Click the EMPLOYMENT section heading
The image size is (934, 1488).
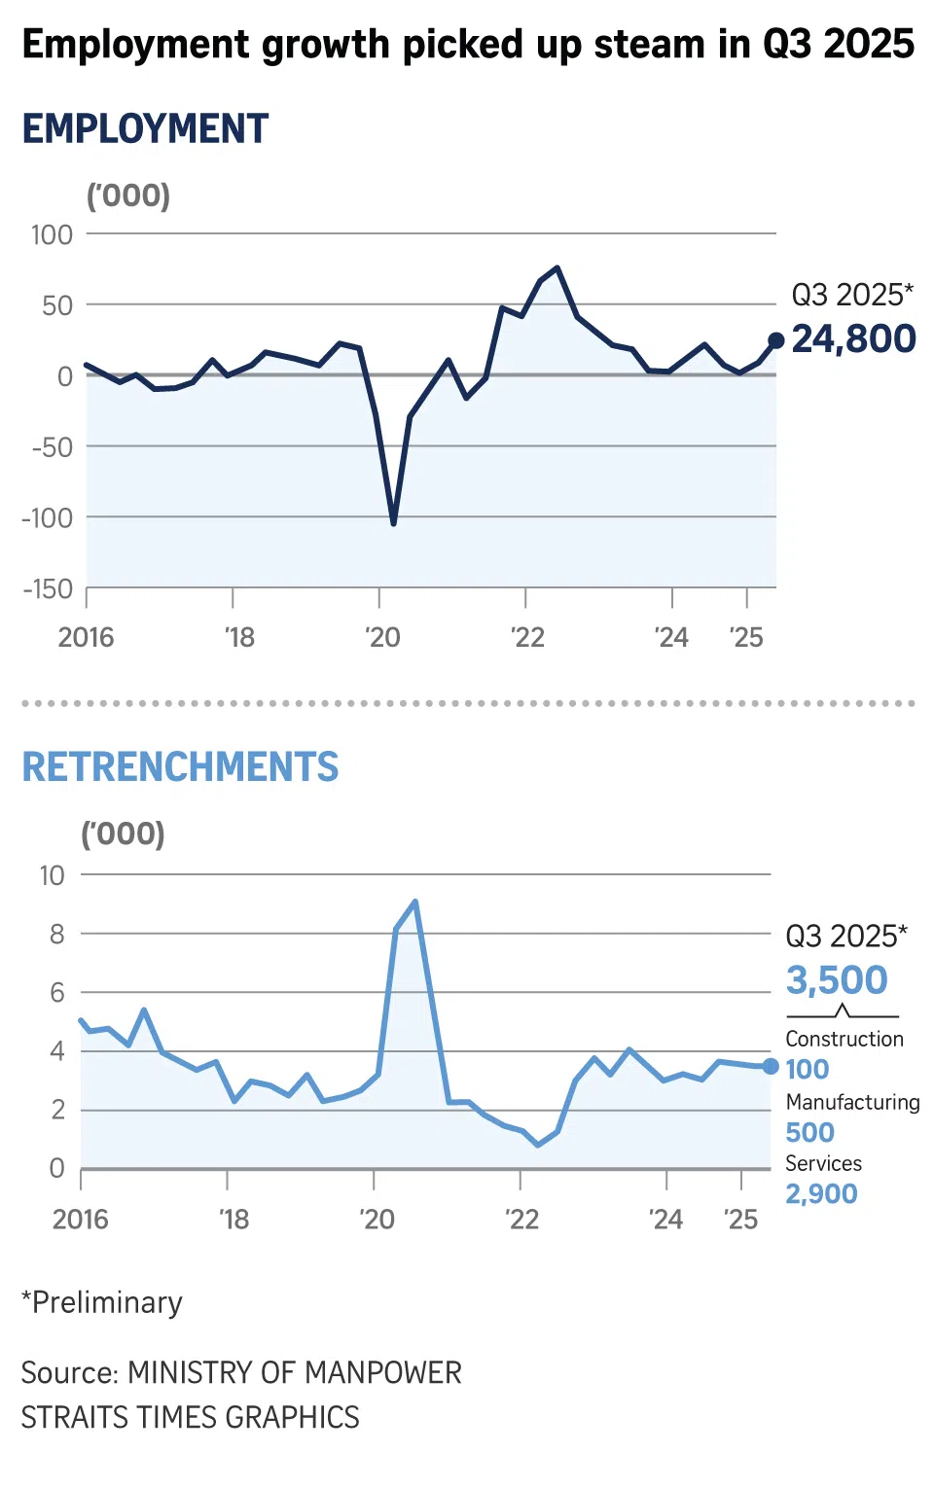145,129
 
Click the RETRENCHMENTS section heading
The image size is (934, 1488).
180,767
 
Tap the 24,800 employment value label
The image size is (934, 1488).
853,338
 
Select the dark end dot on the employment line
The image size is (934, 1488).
776,340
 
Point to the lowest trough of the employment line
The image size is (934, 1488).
393,523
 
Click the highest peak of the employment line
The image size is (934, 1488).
557,267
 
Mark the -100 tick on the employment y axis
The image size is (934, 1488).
48,518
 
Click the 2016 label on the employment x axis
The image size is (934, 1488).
86,638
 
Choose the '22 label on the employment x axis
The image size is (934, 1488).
527,638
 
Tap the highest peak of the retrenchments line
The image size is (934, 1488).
415,902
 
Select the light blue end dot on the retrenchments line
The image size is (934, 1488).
771,1067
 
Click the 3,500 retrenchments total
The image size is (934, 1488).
837,980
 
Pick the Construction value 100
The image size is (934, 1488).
807,1070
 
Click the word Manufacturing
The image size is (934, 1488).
852,1102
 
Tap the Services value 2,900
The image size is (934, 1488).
821,1194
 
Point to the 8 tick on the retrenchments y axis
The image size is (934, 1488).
56,935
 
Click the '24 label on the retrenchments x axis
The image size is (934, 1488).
665,1220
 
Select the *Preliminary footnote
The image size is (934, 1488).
102,1302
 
